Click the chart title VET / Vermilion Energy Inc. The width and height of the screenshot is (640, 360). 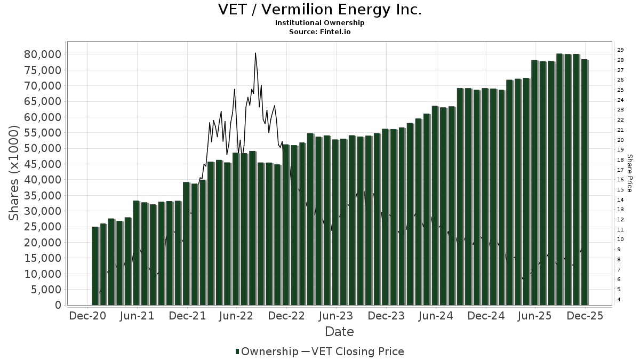[x=319, y=10]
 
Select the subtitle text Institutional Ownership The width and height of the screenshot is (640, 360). [x=319, y=23]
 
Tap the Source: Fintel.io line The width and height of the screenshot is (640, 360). [x=319, y=32]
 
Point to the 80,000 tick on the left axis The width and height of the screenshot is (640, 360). [x=43, y=54]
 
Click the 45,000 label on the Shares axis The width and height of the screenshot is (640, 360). [x=43, y=164]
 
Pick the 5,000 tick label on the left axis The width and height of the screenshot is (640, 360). [x=46, y=290]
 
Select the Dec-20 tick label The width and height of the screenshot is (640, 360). [x=87, y=316]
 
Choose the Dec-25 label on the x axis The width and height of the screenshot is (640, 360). [x=585, y=316]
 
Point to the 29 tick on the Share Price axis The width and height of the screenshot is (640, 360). [x=620, y=50]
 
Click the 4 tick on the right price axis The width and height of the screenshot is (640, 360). [x=619, y=300]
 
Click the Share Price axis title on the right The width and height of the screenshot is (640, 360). [x=629, y=173]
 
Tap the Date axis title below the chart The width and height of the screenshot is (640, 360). [x=339, y=332]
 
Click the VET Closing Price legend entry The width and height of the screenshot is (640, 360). [x=357, y=351]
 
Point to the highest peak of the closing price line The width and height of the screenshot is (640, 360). [x=255, y=53]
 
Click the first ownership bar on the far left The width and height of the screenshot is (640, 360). [x=95, y=266]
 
